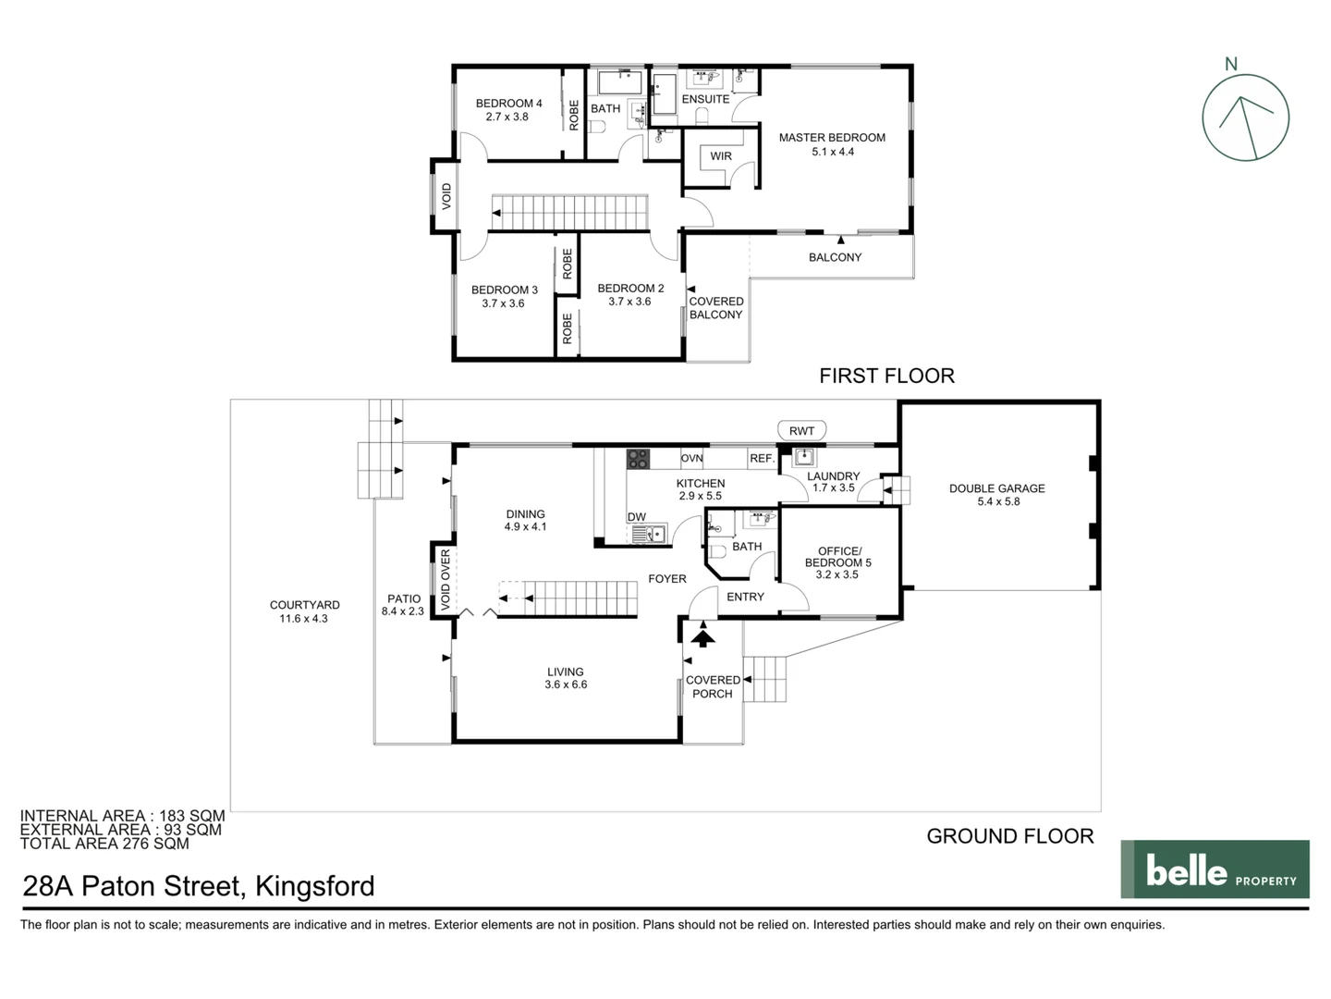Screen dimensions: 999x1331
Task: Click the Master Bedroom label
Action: click(831, 138)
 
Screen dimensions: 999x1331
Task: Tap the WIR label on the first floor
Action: click(721, 156)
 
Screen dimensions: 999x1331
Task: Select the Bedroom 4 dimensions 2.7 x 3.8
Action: click(507, 117)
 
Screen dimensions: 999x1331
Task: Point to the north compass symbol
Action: click(1245, 117)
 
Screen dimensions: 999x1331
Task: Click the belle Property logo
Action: click(1215, 869)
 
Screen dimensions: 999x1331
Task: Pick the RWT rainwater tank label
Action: click(801, 431)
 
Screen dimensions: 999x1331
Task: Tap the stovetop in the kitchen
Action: click(638, 458)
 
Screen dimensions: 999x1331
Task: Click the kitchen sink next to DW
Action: click(649, 534)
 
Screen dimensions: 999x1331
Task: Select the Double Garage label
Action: click(996, 488)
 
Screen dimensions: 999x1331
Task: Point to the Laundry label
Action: click(833, 476)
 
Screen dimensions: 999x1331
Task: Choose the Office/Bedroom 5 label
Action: click(837, 557)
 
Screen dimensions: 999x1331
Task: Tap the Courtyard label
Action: click(304, 605)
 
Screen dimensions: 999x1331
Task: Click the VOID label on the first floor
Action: click(447, 196)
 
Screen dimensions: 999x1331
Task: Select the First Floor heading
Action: click(886, 376)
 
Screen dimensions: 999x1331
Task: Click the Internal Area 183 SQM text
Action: click(122, 816)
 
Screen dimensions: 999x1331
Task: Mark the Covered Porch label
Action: click(713, 686)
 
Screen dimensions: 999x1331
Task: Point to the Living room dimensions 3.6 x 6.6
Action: click(566, 685)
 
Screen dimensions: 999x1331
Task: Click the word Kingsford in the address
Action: click(314, 886)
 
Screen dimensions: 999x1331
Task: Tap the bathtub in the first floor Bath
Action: click(620, 83)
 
